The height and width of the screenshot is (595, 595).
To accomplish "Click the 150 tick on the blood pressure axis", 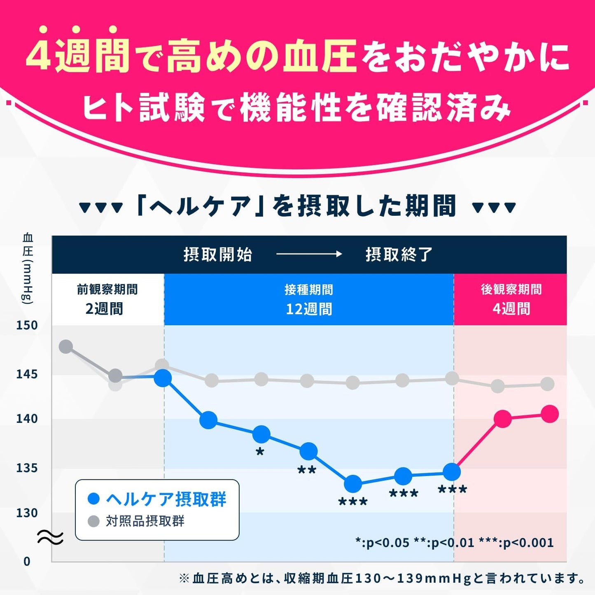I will (27, 325).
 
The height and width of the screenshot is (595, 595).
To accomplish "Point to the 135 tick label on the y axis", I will (27, 468).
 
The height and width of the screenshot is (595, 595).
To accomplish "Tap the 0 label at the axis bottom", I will (27, 561).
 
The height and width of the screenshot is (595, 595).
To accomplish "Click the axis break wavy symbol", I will (50, 537).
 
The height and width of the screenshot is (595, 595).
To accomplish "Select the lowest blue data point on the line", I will (353, 484).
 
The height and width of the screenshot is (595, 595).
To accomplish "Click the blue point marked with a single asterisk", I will (261, 434).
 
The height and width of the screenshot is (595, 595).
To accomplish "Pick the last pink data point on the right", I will (550, 414).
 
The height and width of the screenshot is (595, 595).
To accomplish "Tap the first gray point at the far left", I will (66, 347).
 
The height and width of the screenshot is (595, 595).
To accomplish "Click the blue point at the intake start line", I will (163, 378).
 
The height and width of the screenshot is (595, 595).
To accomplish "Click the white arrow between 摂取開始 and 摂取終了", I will (309, 254).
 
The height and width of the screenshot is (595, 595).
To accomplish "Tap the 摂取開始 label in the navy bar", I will (217, 254).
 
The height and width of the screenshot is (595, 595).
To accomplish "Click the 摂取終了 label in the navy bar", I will (399, 254).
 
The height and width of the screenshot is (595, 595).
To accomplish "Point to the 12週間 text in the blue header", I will (309, 309).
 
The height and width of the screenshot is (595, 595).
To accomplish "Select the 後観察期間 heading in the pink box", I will (511, 289).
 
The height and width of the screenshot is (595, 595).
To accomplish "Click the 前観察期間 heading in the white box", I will (107, 289).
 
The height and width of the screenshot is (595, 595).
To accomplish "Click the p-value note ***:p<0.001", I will (516, 543).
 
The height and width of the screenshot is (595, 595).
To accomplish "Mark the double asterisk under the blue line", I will (307, 470).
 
